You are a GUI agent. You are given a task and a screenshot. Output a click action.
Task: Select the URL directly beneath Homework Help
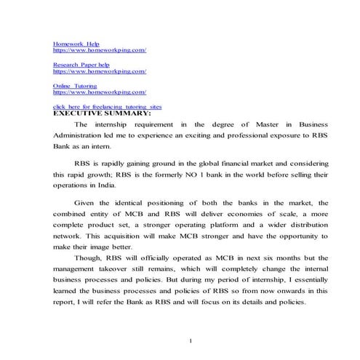pyautogui.click(x=99, y=49)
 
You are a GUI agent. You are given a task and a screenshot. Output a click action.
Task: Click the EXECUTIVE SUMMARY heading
pyautogui.click(x=101, y=113)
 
